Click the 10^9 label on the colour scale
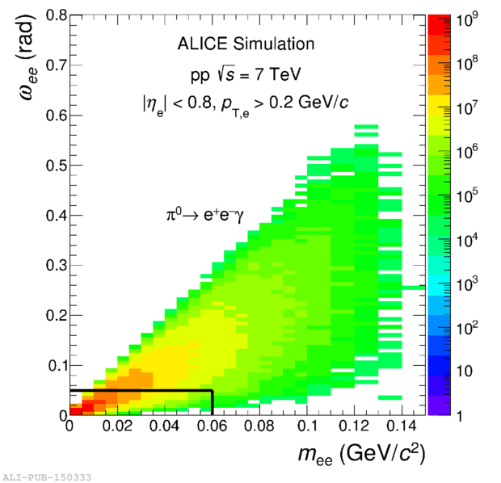pos(469,19)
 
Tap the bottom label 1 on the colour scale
pos(461,415)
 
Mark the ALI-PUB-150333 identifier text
pos(46,477)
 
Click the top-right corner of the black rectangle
pos(212,391)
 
